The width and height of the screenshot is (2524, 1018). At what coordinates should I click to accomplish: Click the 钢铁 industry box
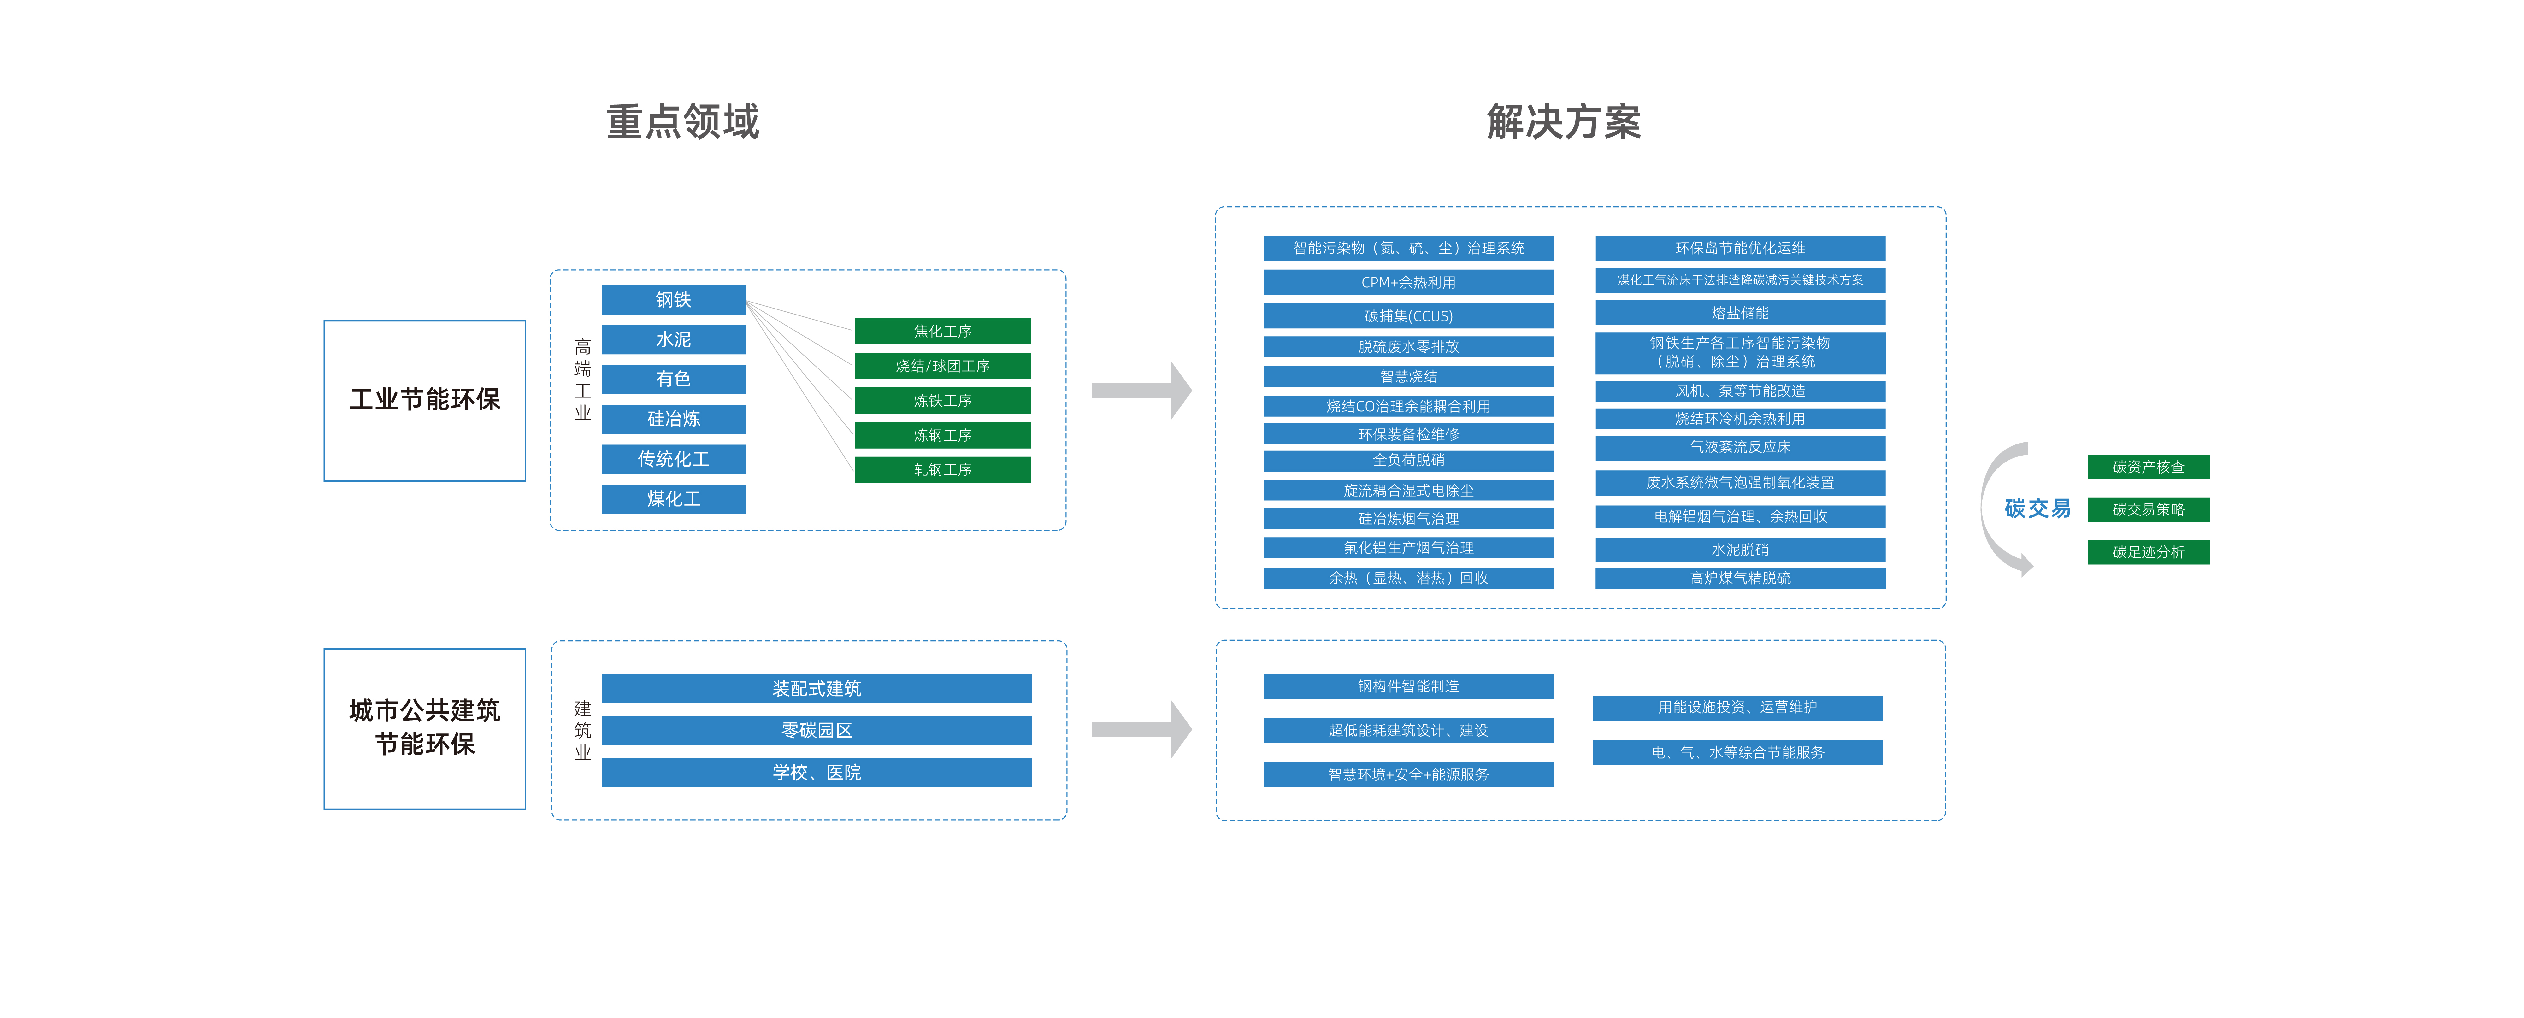pos(673,300)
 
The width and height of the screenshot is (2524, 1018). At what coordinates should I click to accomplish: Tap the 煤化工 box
pos(673,499)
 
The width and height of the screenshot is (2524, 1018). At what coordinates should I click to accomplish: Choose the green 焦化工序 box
pos(943,331)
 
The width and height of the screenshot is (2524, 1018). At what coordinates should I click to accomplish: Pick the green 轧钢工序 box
pos(943,469)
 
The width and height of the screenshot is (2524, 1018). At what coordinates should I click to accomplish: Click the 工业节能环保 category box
pos(424,401)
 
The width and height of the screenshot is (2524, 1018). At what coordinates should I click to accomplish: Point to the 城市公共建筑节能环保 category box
pos(424,728)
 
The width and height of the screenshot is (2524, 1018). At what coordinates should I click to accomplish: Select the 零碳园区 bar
pos(816,730)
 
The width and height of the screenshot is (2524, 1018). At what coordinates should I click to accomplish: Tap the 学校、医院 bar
pos(816,772)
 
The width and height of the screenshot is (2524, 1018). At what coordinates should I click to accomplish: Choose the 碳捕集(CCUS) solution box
pos(1408,315)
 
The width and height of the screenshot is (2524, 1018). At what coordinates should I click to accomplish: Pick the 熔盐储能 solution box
pos(1740,313)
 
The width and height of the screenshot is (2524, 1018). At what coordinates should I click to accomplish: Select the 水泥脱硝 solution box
pos(1740,550)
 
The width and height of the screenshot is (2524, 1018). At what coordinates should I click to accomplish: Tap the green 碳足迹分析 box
pos(2148,552)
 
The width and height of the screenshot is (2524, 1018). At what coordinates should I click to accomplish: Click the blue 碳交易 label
pos(2037,509)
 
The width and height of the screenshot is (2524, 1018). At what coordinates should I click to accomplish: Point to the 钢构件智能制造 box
pos(1408,686)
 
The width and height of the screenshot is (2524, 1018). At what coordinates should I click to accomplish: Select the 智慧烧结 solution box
pos(1408,376)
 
